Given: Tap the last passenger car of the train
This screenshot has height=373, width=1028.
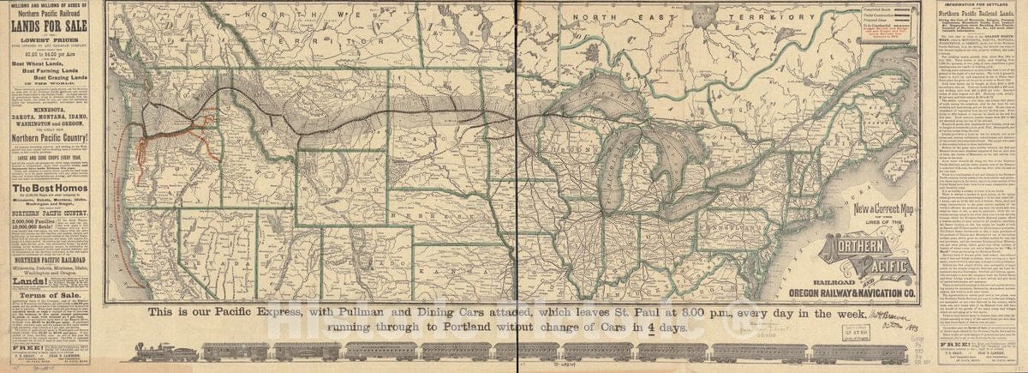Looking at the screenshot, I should click(x=848, y=352).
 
